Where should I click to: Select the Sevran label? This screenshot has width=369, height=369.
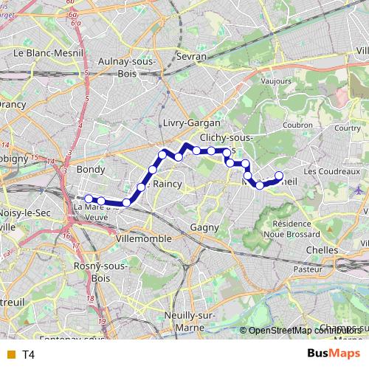pos(191,56)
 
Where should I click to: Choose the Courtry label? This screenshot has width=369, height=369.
pos(346,128)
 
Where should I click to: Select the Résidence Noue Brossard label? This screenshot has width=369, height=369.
pos(300,228)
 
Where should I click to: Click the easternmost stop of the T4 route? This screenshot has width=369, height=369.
pos(279,176)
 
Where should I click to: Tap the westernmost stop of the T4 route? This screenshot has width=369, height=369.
pos(88,198)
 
